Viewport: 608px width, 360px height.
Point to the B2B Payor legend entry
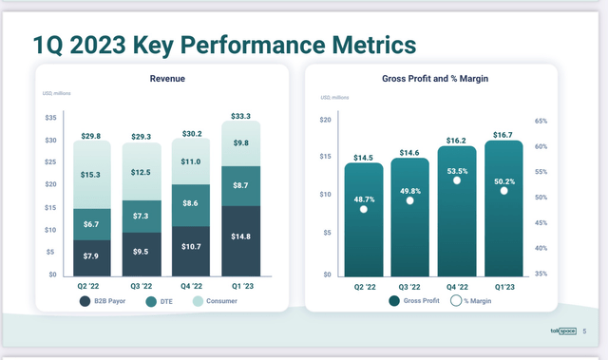pyautogui.click(x=105, y=301)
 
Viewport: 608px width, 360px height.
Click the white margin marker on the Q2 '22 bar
pyautogui.click(x=364, y=209)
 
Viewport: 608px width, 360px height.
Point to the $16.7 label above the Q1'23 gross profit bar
pyautogui.click(x=504, y=133)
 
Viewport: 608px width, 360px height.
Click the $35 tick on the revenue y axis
pyautogui.click(x=51, y=118)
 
